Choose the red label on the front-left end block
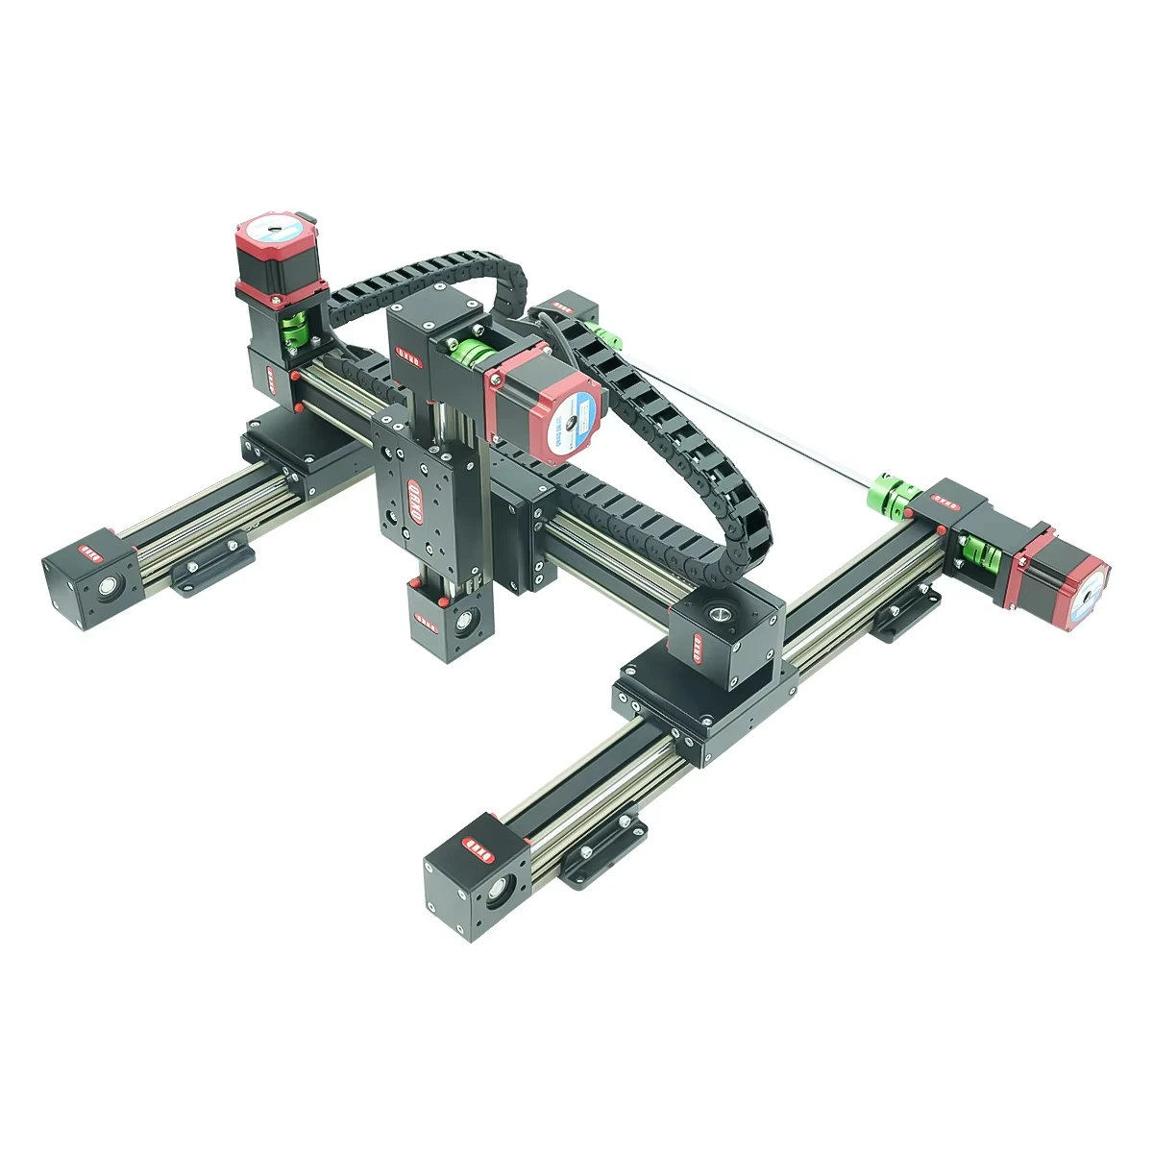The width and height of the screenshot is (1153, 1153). (89, 552)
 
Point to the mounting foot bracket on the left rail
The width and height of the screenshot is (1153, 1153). (211, 566)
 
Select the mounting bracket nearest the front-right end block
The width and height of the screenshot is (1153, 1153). (599, 851)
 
